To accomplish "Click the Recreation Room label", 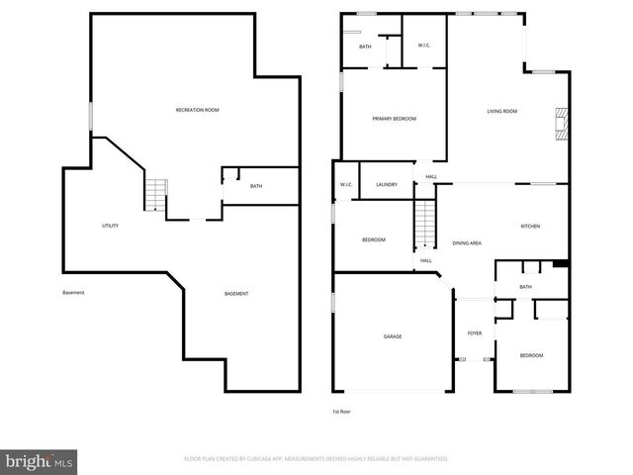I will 197,110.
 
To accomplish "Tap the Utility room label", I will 111,226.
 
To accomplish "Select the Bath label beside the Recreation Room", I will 256,186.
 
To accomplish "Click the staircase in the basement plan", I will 157,194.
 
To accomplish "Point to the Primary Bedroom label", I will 394,119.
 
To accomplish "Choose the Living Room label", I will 502,111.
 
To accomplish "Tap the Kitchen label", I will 531,227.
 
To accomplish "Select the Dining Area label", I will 467,242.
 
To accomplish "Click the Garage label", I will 393,336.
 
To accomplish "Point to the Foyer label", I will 475,333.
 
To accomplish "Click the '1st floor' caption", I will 341,411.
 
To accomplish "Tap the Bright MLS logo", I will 40,461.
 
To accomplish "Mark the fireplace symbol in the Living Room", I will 562,125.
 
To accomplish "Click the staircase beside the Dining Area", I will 424,224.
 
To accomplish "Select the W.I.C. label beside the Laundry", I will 346,185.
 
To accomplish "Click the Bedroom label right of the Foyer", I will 531,355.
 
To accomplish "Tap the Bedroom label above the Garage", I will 373,240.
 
